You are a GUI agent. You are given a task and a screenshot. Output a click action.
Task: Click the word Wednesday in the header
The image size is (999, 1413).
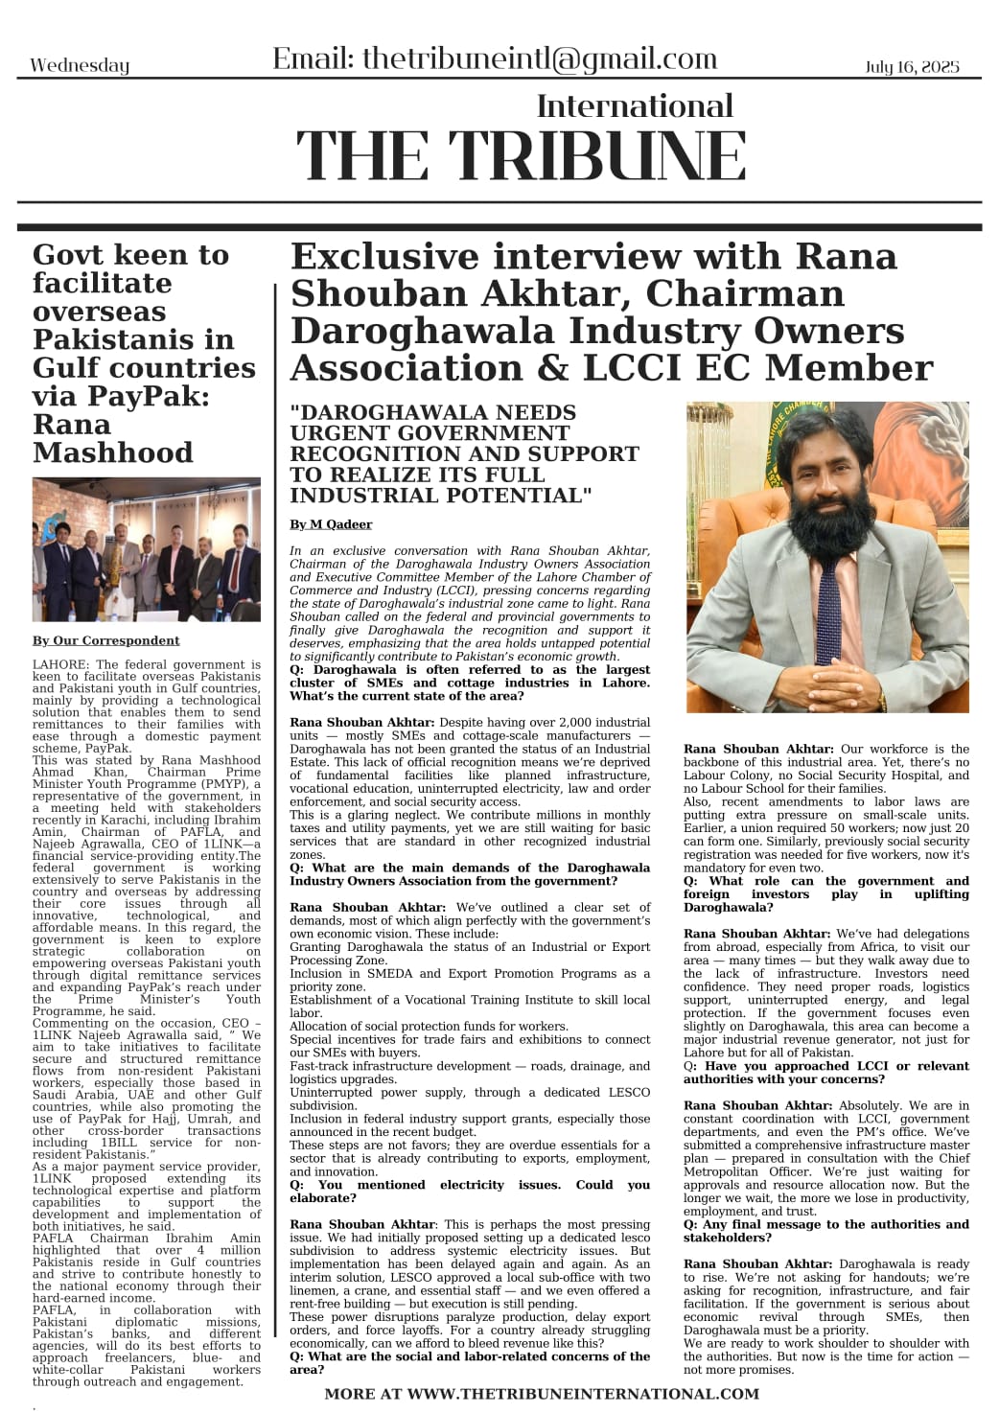point(80,66)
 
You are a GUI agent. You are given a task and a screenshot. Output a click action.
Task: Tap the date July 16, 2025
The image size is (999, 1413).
point(911,66)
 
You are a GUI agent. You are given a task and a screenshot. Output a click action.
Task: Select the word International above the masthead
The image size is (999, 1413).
point(634,105)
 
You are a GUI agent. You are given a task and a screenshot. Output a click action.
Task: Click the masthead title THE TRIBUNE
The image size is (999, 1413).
point(521,155)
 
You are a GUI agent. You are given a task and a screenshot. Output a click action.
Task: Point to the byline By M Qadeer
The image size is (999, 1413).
point(331,524)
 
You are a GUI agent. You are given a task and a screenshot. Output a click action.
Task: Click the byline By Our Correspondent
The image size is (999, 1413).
point(105,640)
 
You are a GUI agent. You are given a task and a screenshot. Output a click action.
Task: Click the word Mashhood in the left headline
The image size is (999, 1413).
point(112,452)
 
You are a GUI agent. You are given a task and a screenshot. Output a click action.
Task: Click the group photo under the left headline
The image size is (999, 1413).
point(146,549)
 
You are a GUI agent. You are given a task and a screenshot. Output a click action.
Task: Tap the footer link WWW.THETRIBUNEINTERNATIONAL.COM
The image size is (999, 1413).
point(585,1394)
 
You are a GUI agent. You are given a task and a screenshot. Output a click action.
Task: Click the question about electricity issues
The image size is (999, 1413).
point(469,1192)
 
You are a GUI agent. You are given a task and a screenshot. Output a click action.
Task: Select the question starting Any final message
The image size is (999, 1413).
point(825,1231)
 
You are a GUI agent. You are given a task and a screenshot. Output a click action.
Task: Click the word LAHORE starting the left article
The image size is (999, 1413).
point(60,664)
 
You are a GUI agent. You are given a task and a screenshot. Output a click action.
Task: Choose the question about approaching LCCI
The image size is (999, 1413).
point(825,1073)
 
